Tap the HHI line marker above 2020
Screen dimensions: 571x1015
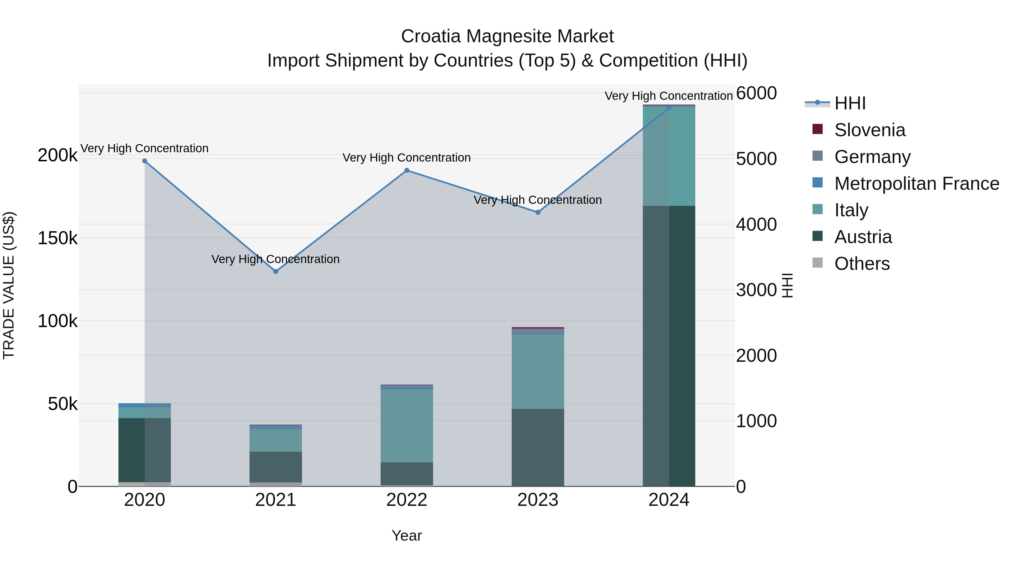point(145,161)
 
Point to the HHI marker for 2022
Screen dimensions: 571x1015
point(407,170)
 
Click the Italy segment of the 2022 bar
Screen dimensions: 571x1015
point(407,426)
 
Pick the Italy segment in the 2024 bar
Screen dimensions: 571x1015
point(669,156)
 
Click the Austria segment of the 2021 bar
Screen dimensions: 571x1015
point(275,467)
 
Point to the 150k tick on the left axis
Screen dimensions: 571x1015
point(58,238)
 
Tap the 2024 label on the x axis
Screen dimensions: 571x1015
point(669,500)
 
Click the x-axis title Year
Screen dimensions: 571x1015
point(407,535)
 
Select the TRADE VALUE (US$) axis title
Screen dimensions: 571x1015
point(9,285)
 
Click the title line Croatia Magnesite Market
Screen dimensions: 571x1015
point(507,36)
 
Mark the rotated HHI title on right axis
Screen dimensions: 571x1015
point(787,285)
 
